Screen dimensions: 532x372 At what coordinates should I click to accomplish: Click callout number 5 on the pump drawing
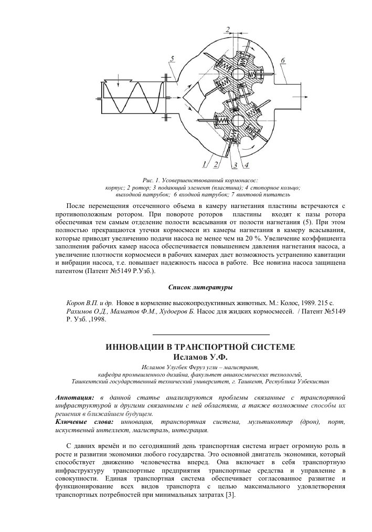(173, 58)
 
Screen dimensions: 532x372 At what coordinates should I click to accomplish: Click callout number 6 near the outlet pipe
(283, 60)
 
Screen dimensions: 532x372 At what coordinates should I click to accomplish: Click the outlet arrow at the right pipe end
(303, 96)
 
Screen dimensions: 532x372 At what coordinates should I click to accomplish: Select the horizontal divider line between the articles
(210, 334)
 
